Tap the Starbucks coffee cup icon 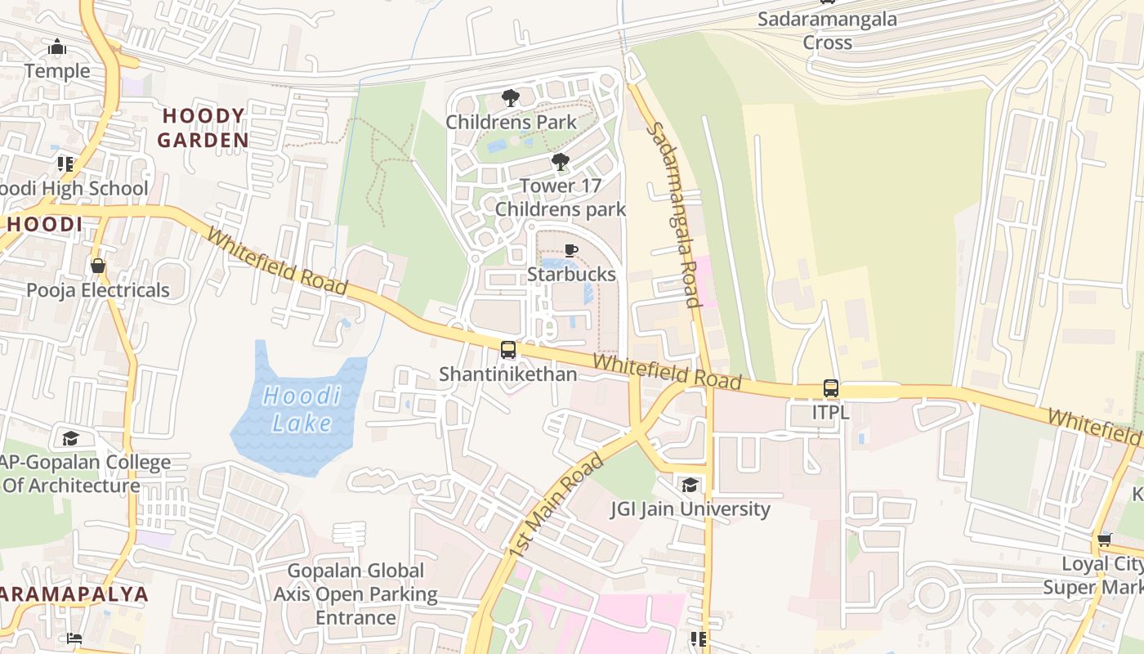pyautogui.click(x=570, y=250)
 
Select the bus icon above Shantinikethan pyautogui.click(x=508, y=350)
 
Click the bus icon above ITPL pyautogui.click(x=830, y=388)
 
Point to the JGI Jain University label pyautogui.click(x=690, y=509)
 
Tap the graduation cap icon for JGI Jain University pyautogui.click(x=690, y=486)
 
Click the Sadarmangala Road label pyautogui.click(x=673, y=215)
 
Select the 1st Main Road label pyautogui.click(x=556, y=507)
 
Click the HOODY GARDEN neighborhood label pyautogui.click(x=203, y=128)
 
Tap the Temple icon pyautogui.click(x=57, y=47)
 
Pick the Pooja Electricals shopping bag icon pyautogui.click(x=98, y=267)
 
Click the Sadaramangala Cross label pyautogui.click(x=827, y=31)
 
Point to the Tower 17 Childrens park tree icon pyautogui.click(x=560, y=162)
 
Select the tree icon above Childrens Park pyautogui.click(x=510, y=98)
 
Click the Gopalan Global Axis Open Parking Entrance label pyautogui.click(x=355, y=594)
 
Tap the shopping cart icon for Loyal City pyautogui.click(x=1104, y=540)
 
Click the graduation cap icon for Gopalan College pyautogui.click(x=70, y=439)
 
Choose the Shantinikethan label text pyautogui.click(x=508, y=374)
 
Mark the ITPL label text pyautogui.click(x=830, y=413)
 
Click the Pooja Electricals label pyautogui.click(x=98, y=290)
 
